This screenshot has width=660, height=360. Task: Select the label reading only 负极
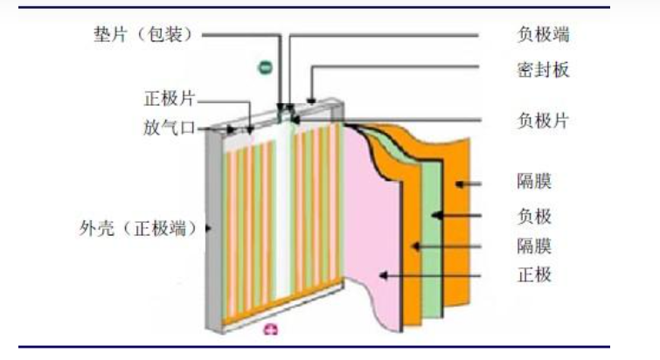(534, 214)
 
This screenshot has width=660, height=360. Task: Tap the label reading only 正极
(534, 275)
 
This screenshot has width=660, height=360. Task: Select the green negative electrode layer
(432, 245)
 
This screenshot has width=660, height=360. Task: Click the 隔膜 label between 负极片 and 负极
(534, 183)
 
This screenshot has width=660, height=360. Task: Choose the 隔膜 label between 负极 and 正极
(534, 245)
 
